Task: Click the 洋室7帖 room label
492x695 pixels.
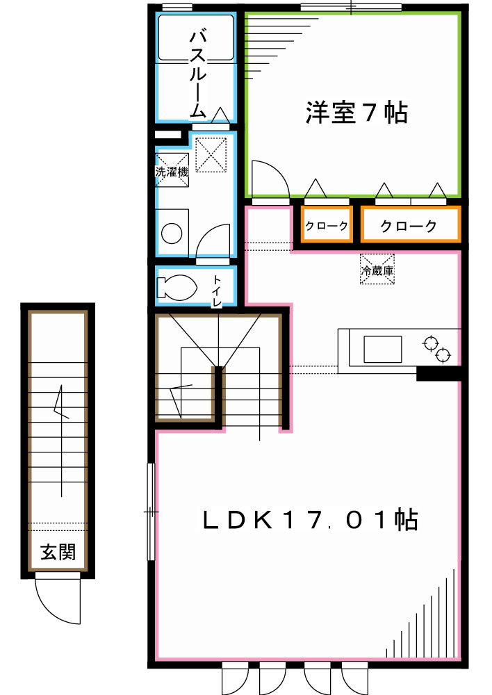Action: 356,113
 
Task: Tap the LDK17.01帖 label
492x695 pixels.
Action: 310,520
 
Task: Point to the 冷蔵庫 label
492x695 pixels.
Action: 377,270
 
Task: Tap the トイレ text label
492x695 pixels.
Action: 217,291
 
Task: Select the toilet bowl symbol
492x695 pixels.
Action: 177,286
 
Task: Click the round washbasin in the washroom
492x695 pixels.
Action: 170,233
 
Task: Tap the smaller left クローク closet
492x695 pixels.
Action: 326,226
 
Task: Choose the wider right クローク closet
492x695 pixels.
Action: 409,226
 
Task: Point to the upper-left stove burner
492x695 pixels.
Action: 430,343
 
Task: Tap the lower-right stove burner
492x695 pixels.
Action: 443,357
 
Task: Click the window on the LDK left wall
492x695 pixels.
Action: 151,512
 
